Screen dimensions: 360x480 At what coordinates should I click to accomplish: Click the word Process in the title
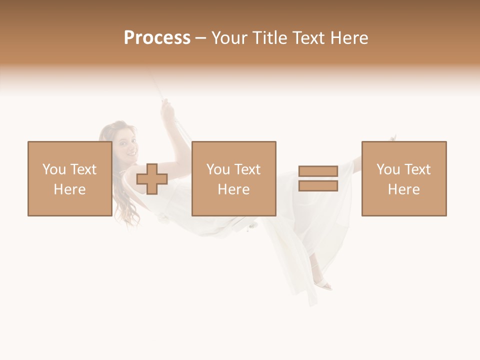coord(157,38)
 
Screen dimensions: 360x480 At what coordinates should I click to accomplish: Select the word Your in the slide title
coord(229,38)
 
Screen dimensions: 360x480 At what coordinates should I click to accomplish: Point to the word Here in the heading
coord(349,38)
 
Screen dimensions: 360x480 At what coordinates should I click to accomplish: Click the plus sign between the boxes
coord(152,179)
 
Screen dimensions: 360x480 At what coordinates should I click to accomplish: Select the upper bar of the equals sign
coord(318,171)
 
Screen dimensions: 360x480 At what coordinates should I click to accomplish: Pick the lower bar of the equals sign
coord(318,186)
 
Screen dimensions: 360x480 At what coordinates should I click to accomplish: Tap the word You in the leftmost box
coord(53,169)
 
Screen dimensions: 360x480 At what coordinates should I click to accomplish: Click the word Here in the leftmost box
coord(69,189)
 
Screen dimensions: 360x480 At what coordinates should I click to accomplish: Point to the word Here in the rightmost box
coord(403,189)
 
